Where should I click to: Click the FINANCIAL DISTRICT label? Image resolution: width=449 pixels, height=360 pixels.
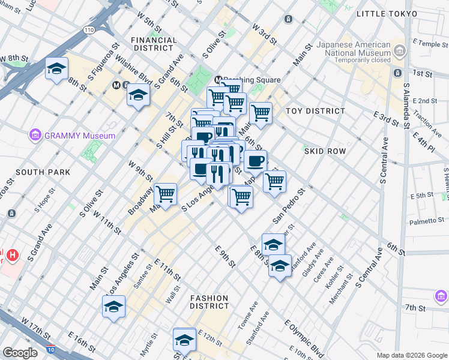point(154,44)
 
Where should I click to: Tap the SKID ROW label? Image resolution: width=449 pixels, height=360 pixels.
point(325,151)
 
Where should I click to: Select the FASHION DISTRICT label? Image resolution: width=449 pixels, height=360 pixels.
point(209,302)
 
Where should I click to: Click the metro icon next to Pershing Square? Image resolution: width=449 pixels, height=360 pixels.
point(219,80)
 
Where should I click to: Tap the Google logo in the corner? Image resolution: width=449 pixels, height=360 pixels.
point(20,353)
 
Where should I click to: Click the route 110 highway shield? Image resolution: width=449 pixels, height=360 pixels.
point(89,46)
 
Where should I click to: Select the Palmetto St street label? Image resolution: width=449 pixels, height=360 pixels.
point(426,221)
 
